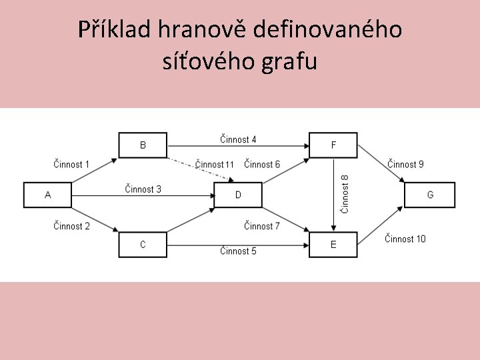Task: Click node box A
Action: coord(47,195)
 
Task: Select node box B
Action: coord(143,145)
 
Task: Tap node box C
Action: coord(143,245)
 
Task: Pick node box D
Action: coord(238,195)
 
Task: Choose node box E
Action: coord(333,245)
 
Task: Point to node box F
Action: coord(333,145)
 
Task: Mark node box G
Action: coord(430,195)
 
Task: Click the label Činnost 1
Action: coord(71,164)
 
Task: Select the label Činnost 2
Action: coord(71,226)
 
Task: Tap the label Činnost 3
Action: coord(143,189)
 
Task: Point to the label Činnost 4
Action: coord(238,140)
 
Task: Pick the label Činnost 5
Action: coord(238,251)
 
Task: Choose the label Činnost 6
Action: coord(262,164)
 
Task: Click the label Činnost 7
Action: coord(262,226)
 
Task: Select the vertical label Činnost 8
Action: coord(345,194)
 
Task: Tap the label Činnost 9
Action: coord(405,164)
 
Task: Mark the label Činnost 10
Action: coord(405,239)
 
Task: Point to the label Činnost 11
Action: coord(215,164)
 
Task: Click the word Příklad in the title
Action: coord(114,30)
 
